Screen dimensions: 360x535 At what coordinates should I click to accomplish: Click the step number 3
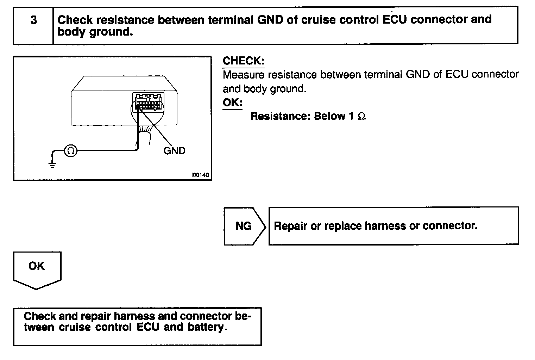(x=33, y=20)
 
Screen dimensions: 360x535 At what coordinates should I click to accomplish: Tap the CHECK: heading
(x=243, y=61)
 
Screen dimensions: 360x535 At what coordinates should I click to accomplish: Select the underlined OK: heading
(x=232, y=103)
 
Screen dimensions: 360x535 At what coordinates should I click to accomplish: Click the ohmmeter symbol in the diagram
(x=70, y=151)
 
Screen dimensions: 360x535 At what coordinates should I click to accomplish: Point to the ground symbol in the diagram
(x=52, y=164)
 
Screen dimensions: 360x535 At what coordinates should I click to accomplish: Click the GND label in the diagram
(x=174, y=151)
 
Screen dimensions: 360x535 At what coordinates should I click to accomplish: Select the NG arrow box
(x=244, y=226)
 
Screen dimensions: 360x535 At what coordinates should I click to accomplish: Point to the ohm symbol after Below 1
(x=361, y=117)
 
